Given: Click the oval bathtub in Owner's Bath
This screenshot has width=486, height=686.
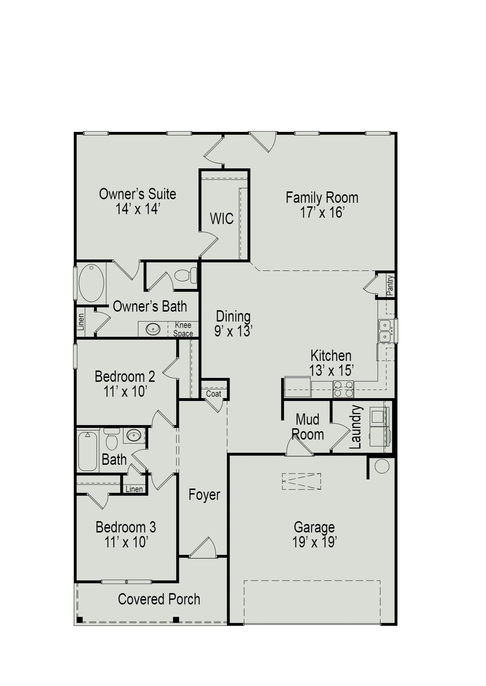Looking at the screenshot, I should [91, 283].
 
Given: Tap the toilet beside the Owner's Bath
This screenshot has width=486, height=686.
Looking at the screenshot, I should [186, 275].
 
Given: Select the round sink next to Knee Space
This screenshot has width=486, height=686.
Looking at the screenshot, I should [153, 329].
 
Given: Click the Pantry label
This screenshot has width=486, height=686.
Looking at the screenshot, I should [390, 285].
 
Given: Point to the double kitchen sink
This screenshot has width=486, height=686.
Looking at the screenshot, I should [385, 330].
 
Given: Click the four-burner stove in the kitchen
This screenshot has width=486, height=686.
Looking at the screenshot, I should [343, 389].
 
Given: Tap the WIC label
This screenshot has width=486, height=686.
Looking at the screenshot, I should [222, 218].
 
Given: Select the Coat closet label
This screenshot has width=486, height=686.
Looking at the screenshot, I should [213, 394].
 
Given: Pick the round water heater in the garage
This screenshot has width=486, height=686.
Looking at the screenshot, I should [382, 466].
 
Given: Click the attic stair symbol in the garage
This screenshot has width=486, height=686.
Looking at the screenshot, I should [301, 481].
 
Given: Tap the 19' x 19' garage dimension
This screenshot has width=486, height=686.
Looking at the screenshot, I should [314, 542].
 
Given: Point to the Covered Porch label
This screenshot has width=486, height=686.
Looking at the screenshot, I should [159, 599].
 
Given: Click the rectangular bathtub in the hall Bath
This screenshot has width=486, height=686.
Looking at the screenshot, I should [87, 451].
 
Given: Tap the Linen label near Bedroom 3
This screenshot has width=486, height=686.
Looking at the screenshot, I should [134, 489].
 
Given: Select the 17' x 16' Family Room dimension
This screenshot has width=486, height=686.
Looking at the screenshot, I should [322, 212].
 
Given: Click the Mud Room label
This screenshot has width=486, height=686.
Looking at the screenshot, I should [307, 427].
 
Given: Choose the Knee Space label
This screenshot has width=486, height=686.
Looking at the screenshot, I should [183, 329].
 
